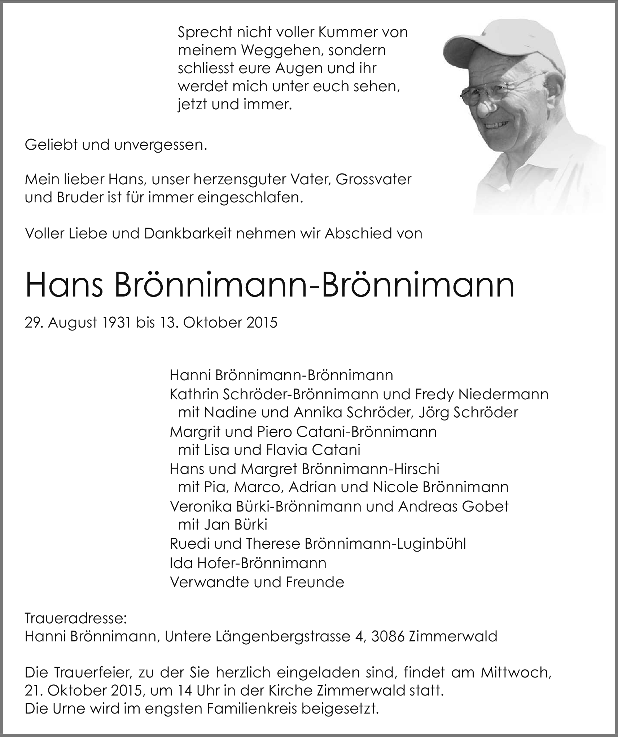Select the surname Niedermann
point(503,394)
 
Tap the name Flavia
point(286,450)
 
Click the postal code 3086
point(388,636)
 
